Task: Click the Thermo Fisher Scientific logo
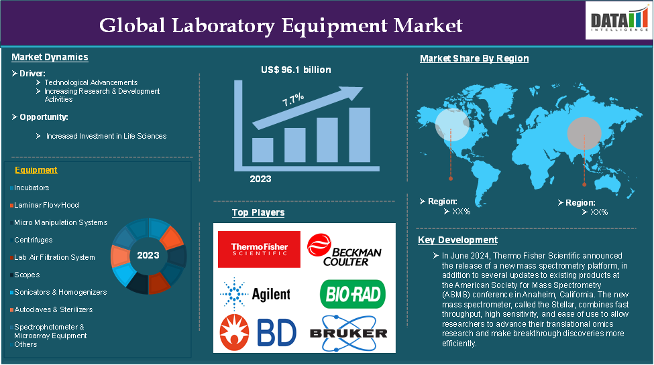259,249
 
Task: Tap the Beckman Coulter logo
344,250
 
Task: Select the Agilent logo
255,294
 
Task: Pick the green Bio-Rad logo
352,294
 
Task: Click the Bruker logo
349,333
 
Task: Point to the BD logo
258,332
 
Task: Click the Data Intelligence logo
619,20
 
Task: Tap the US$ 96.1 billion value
296,70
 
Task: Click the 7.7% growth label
293,100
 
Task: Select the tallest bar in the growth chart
360,135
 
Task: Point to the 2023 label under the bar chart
260,179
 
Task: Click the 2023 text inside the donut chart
148,255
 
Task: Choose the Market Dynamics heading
50,57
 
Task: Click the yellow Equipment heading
36,170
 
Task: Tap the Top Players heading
258,212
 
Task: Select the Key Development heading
457,240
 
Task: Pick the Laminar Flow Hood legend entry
45,205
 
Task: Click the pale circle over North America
452,124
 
